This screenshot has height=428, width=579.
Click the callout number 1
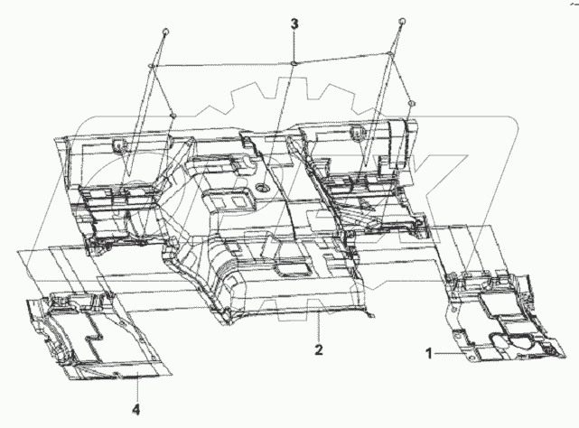430,353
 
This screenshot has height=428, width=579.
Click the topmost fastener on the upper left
165,32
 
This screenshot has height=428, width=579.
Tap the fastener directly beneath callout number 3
294,62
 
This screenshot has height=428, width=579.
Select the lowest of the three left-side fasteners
172,115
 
